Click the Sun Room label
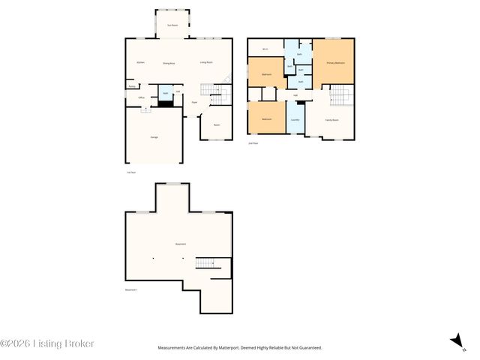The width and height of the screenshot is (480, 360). pos(173,25)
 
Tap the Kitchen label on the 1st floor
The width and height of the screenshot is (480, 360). pos(140,62)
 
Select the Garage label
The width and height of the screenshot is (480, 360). pos(154,137)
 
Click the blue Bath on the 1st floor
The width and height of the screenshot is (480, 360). pos(165,94)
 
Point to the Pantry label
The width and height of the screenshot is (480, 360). pos(132,86)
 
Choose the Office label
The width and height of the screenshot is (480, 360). pos(141,97)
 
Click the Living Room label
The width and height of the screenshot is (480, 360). pos(206,62)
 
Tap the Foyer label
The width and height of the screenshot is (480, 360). pos(193,102)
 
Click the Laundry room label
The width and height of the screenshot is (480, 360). pos(295,120)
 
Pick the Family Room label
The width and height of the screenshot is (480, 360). pos(331,120)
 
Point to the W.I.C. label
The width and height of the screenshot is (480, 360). pos(265,49)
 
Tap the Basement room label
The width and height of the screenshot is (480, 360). pos(180,244)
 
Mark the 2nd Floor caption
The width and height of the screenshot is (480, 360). pos(253,142)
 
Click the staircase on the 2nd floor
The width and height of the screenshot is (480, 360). pos(341,96)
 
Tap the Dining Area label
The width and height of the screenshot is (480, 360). pos(169,64)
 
